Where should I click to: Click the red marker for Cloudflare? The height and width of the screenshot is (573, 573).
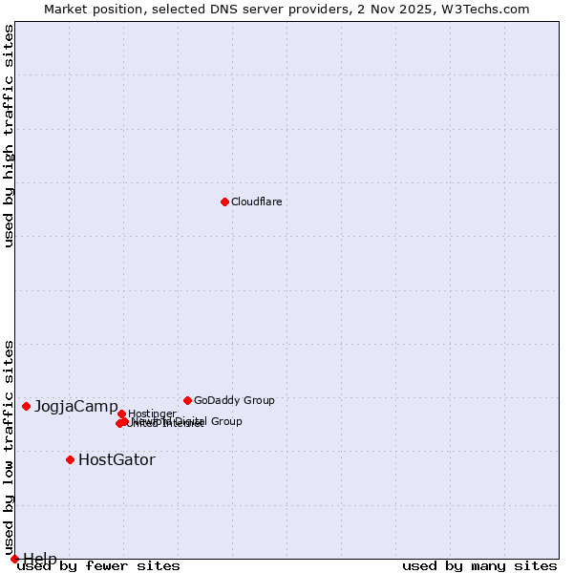[x=224, y=202]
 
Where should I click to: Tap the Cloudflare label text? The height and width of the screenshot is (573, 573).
[x=256, y=202]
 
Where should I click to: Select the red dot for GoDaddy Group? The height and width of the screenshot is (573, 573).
[x=187, y=400]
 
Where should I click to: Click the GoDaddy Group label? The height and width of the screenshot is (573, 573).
[x=234, y=400]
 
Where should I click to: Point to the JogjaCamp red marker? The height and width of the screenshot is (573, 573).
[x=26, y=406]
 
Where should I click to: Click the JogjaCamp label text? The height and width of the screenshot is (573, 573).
[x=76, y=406]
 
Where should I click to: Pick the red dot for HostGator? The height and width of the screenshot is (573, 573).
[x=70, y=459]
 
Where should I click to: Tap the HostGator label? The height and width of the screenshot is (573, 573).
[x=117, y=459]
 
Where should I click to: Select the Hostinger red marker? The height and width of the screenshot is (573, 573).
[x=121, y=414]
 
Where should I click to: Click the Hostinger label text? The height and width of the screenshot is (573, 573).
[x=152, y=414]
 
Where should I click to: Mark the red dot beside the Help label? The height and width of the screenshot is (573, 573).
[x=14, y=559]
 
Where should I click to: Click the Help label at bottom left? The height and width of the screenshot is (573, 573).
[x=40, y=559]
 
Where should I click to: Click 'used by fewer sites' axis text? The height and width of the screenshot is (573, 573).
[x=99, y=566]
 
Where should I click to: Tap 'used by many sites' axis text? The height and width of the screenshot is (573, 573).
[x=479, y=566]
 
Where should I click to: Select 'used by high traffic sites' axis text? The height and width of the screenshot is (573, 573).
[x=9, y=136]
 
